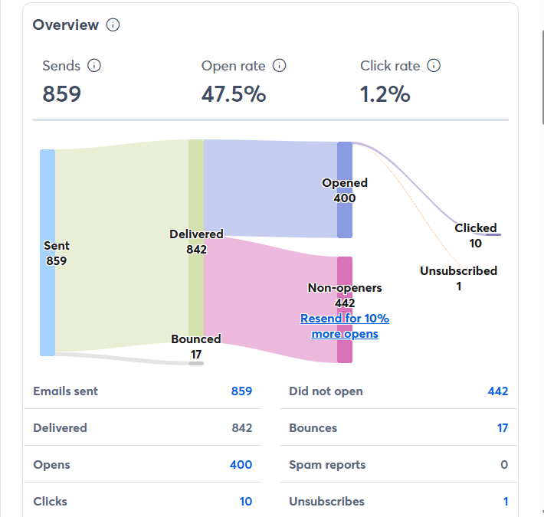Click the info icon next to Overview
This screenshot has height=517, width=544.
tap(113, 25)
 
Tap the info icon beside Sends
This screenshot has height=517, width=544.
tap(94, 66)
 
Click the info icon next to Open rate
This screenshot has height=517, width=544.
tap(280, 66)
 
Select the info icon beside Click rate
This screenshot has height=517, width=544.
tap(434, 66)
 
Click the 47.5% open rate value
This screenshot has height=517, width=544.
tap(234, 94)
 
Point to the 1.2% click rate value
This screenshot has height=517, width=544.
tap(385, 94)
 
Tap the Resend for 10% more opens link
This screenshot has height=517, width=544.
tap(345, 326)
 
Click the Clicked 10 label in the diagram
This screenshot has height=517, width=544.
tap(476, 235)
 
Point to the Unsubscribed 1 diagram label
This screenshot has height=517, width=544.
tap(458, 278)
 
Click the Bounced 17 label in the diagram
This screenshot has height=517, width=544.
tap(196, 346)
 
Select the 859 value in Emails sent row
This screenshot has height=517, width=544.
tap(241, 391)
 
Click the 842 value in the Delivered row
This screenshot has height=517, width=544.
tap(242, 428)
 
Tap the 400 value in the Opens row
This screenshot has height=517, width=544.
tap(241, 465)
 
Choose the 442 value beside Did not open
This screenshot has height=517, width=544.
tap(498, 391)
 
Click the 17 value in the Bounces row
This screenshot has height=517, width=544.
tap(503, 428)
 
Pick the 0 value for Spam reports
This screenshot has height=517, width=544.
tap(504, 465)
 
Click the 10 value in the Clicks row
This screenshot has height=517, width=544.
tap(245, 502)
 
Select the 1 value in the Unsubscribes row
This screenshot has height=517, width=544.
tap(506, 502)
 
